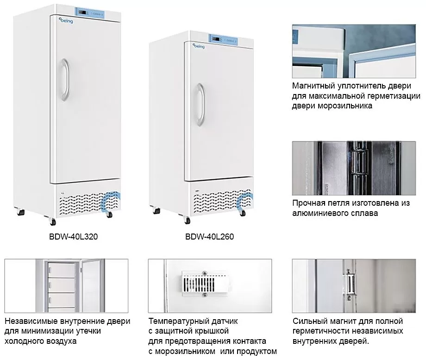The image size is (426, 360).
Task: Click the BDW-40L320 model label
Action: pos(73,237)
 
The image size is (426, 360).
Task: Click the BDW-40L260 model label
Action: pos(209,237)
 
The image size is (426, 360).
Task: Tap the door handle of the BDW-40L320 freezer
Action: pos(65,80)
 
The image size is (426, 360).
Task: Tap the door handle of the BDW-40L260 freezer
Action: pos(201,105)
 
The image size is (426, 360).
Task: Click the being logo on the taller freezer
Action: pos(66,20)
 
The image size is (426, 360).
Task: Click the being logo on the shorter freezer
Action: pos(199,46)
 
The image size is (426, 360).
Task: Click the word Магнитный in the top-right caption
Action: pos(313,86)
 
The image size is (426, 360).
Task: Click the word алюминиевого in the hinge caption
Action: pos(316,213)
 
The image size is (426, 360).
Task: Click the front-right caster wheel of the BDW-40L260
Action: pos(242,213)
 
